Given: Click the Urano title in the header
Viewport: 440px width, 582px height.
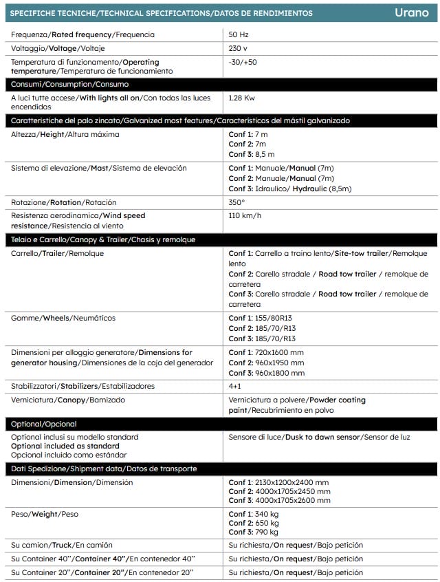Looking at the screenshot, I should pyautogui.click(x=412, y=13).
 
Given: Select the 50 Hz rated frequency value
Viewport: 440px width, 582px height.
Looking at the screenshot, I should pyautogui.click(x=238, y=34).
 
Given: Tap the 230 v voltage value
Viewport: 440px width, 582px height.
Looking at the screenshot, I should pyautogui.click(x=239, y=48).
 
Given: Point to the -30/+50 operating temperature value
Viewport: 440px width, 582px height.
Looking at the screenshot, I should pyautogui.click(x=243, y=62).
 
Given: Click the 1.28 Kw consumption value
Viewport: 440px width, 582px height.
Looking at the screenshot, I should pyautogui.click(x=242, y=98).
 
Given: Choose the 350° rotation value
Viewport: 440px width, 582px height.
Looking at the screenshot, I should pyautogui.click(x=236, y=202).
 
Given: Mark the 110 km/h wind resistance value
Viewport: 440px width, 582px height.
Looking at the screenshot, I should pyautogui.click(x=245, y=216).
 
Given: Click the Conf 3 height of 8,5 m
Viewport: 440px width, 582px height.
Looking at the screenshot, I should pyautogui.click(x=252, y=155).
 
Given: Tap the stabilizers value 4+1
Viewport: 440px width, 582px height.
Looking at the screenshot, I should pyautogui.click(x=236, y=386).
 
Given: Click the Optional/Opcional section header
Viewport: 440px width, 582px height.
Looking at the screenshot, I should pyautogui.click(x=43, y=424).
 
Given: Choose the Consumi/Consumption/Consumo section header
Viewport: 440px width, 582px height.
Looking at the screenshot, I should pyautogui.click(x=69, y=84).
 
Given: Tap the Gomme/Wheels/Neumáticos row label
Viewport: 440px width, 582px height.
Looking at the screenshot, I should pyautogui.click(x=63, y=318).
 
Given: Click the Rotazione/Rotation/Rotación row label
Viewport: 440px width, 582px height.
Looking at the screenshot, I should pyautogui.click(x=64, y=202).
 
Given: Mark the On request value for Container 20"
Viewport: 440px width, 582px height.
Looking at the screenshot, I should pyautogui.click(x=296, y=572).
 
